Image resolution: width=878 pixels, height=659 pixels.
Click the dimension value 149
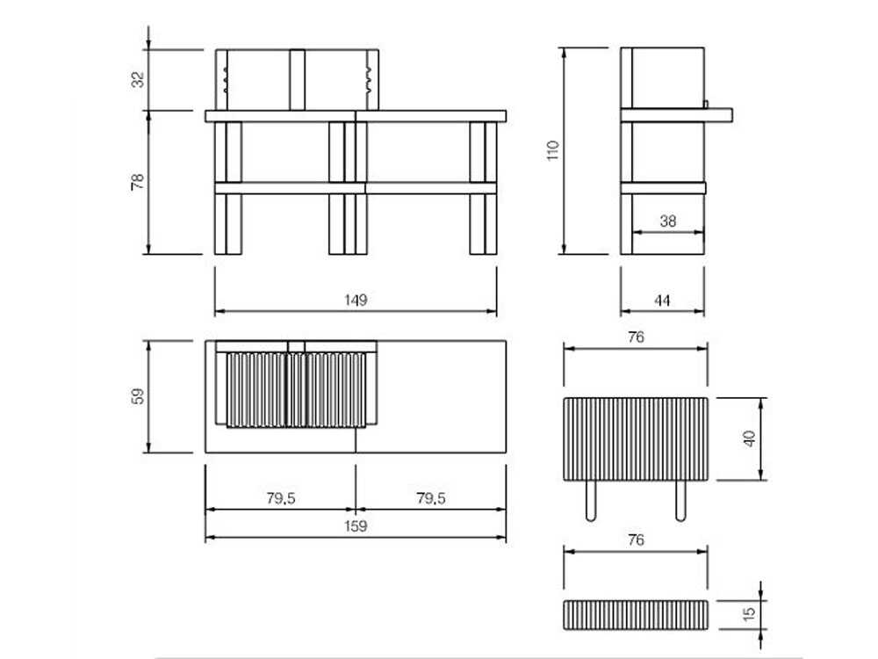[356, 300]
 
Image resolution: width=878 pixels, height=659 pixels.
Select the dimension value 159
[356, 526]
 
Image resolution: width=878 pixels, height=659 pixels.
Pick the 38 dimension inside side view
[668, 221]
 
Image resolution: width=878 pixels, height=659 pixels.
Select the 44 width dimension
[662, 300]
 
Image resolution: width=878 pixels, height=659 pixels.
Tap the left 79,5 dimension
[280, 498]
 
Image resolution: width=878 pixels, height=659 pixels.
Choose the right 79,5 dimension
[430, 498]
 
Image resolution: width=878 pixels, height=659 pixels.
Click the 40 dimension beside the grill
[749, 438]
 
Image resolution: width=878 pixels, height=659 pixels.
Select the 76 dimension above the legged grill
[637, 337]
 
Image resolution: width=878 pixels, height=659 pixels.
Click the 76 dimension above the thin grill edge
[637, 540]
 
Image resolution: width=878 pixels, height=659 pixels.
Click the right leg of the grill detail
[680, 501]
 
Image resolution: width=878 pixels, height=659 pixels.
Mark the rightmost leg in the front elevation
[484, 224]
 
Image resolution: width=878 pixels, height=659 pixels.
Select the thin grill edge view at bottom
[636, 614]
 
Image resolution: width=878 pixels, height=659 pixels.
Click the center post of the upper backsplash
[297, 79]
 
